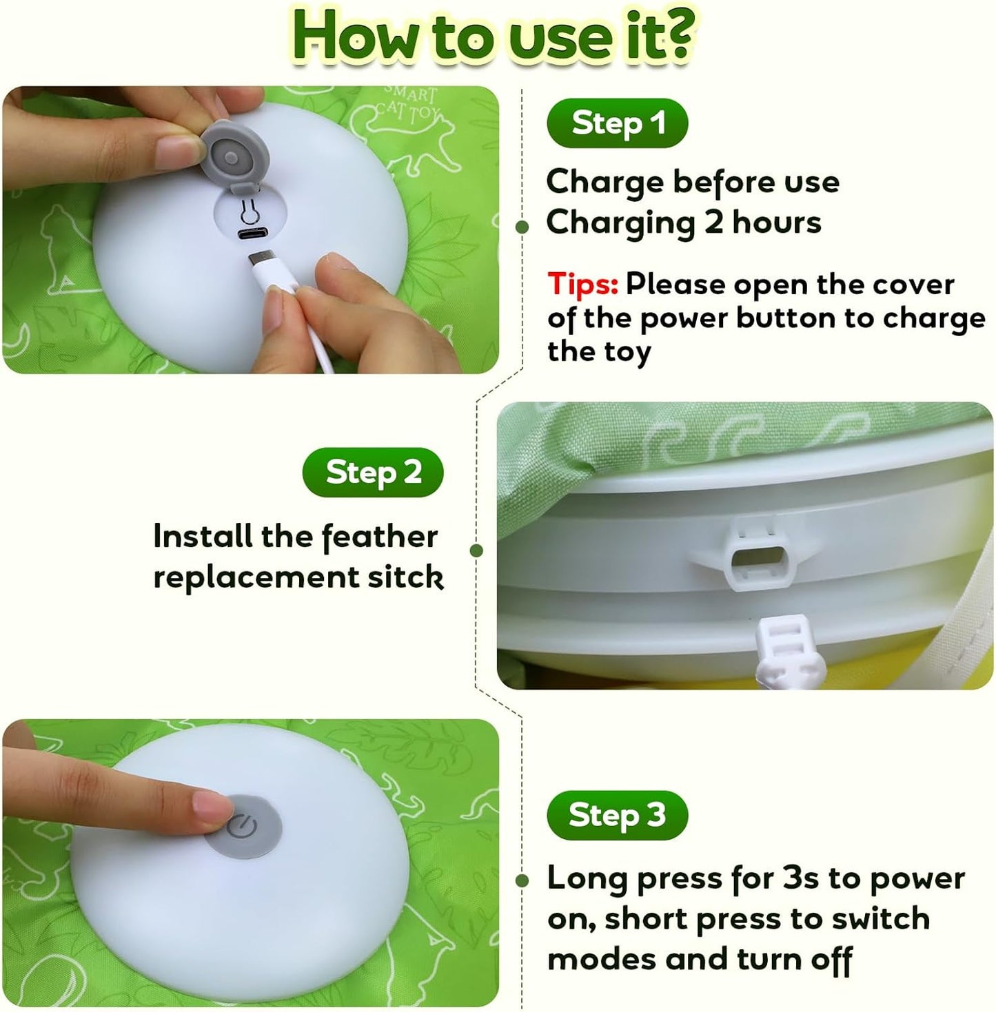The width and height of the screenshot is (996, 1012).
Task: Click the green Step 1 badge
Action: pyautogui.click(x=617, y=123)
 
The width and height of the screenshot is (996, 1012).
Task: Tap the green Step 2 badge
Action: pyautogui.click(x=373, y=473)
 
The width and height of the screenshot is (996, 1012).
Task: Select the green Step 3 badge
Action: pyautogui.click(x=617, y=816)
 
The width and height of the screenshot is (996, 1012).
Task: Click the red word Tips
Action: pyautogui.click(x=582, y=285)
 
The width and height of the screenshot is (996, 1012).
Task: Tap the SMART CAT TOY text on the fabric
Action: pyautogui.click(x=407, y=103)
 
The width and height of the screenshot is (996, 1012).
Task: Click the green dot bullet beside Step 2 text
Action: pyautogui.click(x=476, y=550)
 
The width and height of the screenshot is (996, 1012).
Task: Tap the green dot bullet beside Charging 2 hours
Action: pyautogui.click(x=522, y=227)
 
